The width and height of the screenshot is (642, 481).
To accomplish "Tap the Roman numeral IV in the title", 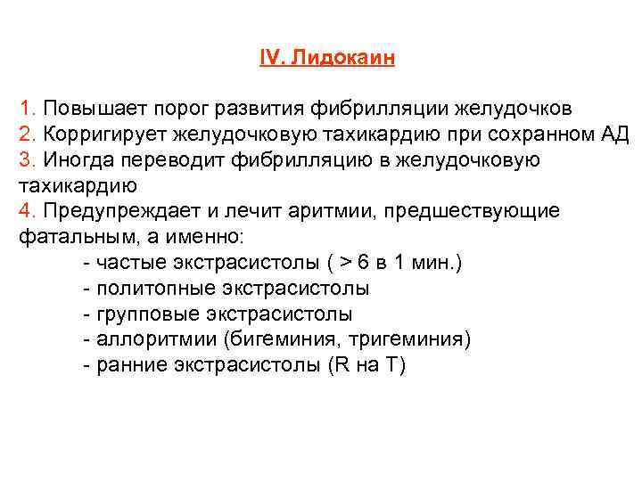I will [268, 58].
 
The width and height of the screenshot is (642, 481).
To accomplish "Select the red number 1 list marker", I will [23, 109].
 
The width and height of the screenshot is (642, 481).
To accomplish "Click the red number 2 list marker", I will [23, 135].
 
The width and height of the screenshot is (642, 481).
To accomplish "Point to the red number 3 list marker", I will [23, 160].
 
